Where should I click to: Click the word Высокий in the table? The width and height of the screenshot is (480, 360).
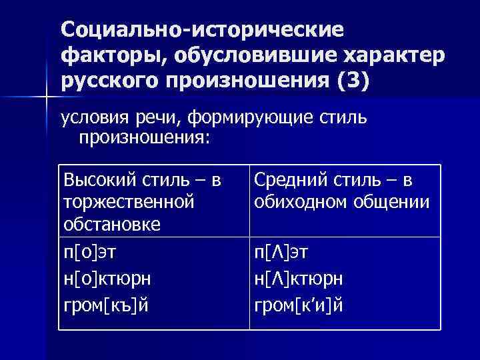click(97, 181)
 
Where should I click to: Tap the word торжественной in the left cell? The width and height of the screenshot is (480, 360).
click(127, 201)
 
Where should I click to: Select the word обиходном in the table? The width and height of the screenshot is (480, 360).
click(299, 201)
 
